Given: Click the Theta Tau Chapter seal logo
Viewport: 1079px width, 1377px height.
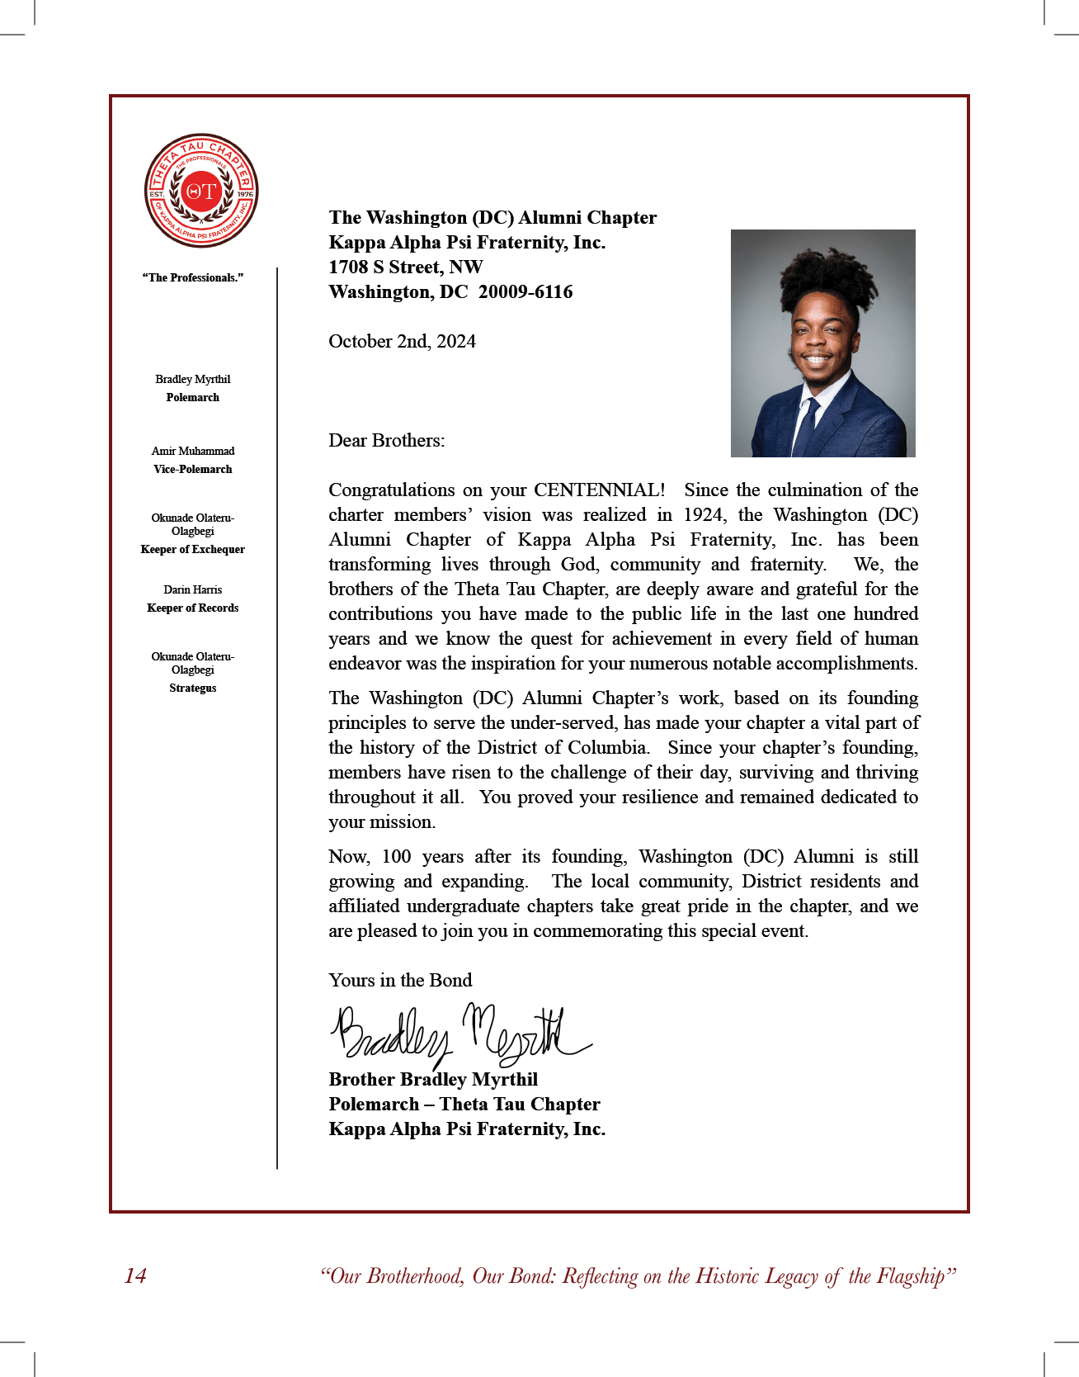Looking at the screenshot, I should [x=201, y=191].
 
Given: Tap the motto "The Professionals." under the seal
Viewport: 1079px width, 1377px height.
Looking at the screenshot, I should [x=193, y=277].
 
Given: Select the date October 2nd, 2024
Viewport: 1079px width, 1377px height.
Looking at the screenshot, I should [x=402, y=342].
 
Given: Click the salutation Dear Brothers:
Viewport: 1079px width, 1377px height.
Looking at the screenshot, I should [x=386, y=441].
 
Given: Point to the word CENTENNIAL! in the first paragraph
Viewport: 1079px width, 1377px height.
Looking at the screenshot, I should [x=599, y=490].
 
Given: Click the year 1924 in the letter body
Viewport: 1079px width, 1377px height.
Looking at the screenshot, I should [x=704, y=515].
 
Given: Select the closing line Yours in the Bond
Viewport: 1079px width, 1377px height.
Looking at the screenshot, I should [x=400, y=981].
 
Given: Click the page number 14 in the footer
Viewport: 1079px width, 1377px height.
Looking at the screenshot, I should [x=135, y=1276].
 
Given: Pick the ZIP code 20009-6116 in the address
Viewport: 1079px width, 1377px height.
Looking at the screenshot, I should [x=525, y=292].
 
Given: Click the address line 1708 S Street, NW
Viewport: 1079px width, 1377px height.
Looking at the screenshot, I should [x=405, y=267].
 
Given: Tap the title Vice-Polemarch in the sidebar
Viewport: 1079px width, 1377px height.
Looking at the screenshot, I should [x=193, y=469].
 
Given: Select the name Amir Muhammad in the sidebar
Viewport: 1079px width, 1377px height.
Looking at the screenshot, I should [x=193, y=451].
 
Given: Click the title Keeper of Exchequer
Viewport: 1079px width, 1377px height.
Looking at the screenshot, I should [x=193, y=549].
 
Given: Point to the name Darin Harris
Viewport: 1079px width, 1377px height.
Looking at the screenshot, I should [x=193, y=589].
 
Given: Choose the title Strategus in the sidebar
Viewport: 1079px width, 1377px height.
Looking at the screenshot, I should [x=193, y=688].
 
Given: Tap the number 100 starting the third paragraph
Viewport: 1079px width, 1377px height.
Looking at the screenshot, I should [x=396, y=857].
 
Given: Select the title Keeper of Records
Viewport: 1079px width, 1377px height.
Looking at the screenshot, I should [x=193, y=608].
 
